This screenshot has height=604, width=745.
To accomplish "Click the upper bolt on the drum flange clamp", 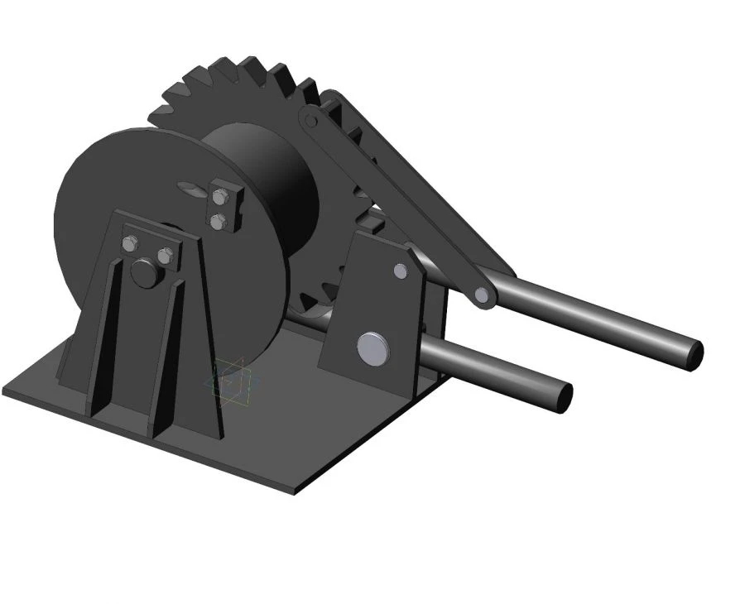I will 219,197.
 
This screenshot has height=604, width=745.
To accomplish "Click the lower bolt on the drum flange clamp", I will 218,221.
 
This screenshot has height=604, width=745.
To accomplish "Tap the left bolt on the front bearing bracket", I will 130,243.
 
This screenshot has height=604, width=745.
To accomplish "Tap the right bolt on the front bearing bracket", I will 165,256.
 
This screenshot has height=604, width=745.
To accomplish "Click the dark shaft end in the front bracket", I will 146,273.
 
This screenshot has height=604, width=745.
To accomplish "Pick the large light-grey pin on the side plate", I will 372,348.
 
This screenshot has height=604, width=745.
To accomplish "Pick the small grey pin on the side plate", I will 401,271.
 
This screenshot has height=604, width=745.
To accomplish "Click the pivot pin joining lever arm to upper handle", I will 481,294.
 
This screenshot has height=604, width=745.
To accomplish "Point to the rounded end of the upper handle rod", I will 694,354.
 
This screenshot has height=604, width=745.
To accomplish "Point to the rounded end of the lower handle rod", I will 564,396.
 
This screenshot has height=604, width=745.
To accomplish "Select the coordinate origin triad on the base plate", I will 231,381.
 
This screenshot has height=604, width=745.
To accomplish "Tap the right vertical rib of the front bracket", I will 166,356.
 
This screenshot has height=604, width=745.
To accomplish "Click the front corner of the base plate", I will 294,491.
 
